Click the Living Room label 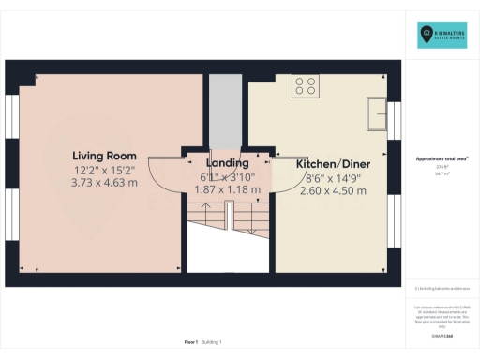pos(104,156)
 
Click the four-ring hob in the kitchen pos(305,86)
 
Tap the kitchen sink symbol pos(379,114)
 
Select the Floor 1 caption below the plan pos(192,344)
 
